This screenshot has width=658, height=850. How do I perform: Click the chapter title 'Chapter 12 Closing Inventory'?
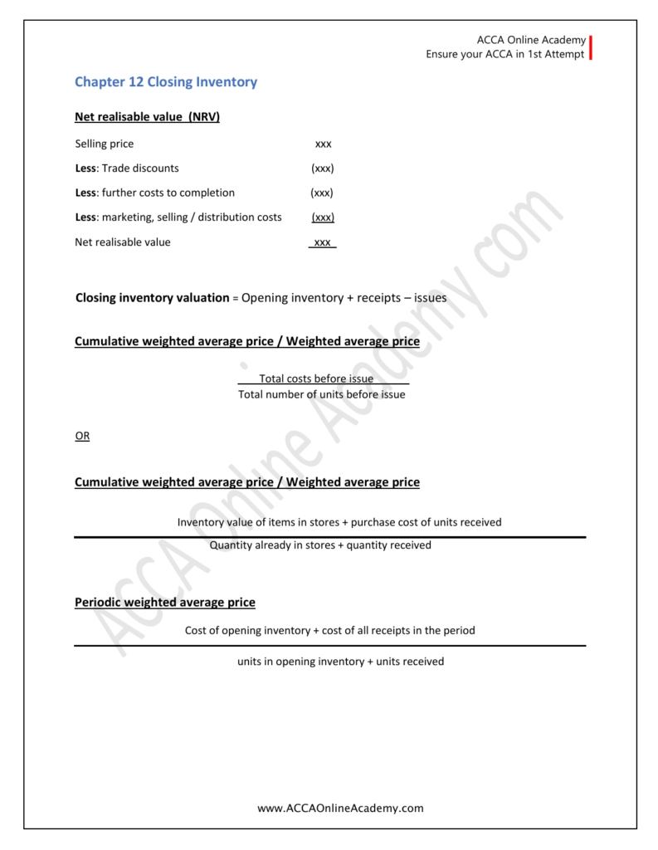(166, 82)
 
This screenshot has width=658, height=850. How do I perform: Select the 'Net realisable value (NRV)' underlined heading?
(147, 117)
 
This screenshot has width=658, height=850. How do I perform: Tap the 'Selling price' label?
(104, 144)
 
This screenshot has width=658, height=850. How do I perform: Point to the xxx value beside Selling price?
(323, 144)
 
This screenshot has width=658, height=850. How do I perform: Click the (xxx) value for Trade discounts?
(323, 168)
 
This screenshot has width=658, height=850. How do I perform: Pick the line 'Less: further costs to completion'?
(154, 193)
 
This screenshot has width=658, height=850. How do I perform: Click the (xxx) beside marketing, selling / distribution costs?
(323, 217)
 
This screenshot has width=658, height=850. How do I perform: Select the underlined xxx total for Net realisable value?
(323, 242)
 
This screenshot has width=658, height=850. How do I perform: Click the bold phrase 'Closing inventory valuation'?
(152, 297)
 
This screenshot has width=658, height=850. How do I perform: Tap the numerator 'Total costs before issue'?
(316, 379)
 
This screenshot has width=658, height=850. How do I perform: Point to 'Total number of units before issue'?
(322, 394)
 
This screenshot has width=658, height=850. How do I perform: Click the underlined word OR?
(82, 436)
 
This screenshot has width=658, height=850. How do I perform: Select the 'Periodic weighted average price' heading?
(165, 602)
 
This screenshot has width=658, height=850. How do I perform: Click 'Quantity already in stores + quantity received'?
(320, 545)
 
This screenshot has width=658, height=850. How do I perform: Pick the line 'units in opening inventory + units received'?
(334, 662)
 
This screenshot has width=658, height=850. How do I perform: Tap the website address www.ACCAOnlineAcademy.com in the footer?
(340, 808)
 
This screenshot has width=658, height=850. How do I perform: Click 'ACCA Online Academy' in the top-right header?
(531, 40)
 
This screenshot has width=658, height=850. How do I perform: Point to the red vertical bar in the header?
(591, 46)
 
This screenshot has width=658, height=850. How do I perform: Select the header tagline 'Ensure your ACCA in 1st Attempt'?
(504, 54)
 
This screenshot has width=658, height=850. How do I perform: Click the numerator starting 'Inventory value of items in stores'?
(339, 522)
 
